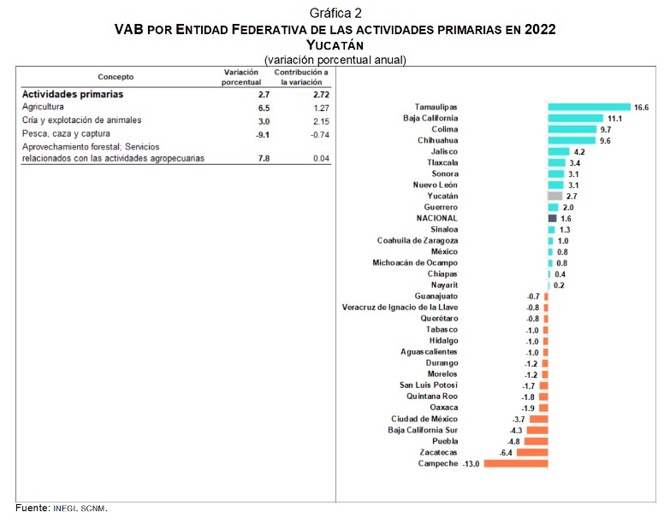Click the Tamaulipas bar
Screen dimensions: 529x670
589,107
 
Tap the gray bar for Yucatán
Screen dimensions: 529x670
554,196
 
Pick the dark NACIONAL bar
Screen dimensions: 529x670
552,218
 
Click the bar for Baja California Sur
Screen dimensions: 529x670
537,430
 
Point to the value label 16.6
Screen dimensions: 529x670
643,107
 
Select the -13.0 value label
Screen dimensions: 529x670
471,463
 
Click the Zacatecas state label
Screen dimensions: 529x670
438,452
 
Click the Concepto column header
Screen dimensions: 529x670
116,77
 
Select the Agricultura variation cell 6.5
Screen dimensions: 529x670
240,109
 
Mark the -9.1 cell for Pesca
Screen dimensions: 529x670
239,134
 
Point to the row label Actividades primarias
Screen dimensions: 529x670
73,94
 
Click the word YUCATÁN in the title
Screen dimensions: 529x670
335,44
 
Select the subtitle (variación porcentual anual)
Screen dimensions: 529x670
335,60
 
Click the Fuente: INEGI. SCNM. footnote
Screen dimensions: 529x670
62,508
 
